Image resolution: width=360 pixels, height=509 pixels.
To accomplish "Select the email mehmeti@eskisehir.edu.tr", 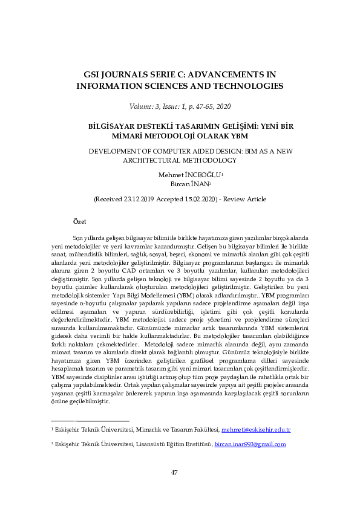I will point(256,430).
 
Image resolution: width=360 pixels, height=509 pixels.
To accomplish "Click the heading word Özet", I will point(79,222).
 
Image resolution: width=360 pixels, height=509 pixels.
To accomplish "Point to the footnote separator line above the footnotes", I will point(90,421).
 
